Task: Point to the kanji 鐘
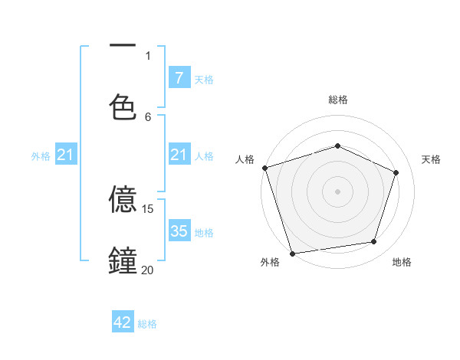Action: tap(123, 260)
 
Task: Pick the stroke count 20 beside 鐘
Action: tap(148, 270)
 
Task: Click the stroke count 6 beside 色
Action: tap(148, 116)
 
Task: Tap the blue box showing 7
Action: tap(179, 77)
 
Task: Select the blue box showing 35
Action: tap(179, 231)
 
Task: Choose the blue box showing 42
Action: tap(123, 322)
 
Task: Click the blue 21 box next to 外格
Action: tap(66, 155)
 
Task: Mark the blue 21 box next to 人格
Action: tap(179, 155)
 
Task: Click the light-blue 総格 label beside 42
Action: tap(147, 324)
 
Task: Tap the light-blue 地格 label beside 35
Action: tap(204, 232)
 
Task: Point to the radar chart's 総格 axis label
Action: tap(338, 100)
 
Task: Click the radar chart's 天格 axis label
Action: tap(431, 159)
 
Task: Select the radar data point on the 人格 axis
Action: tap(264, 168)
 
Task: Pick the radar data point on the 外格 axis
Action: tap(292, 253)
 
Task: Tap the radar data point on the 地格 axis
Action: tap(374, 242)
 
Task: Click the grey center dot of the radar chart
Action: tap(338, 191)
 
